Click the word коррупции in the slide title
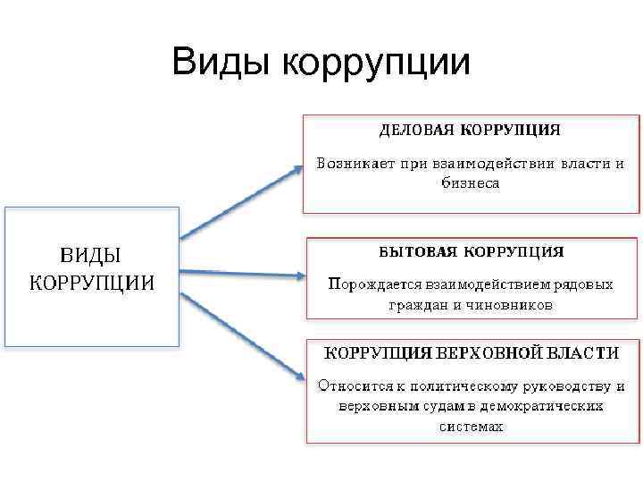(376, 64)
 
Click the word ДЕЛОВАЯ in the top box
(416, 130)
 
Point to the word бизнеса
(471, 183)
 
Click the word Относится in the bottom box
(350, 386)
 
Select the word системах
(471, 427)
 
